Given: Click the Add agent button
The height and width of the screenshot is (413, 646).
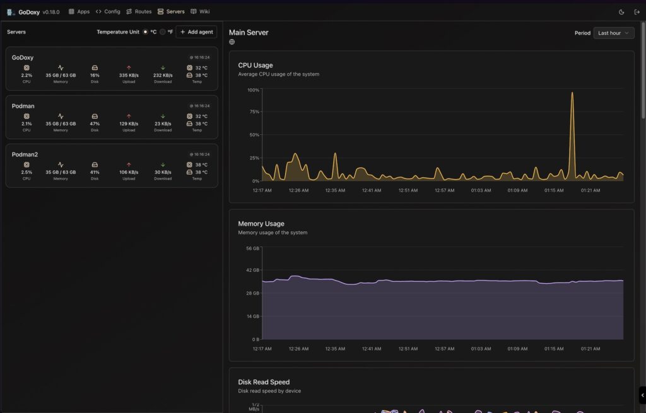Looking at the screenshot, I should [x=196, y=32].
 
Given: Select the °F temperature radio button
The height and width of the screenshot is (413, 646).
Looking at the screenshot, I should [x=163, y=32].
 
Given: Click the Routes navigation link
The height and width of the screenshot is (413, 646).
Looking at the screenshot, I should [x=139, y=11].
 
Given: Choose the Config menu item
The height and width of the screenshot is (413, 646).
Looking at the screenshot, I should [x=108, y=11].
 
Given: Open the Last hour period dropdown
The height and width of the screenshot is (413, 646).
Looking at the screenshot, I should [x=613, y=33].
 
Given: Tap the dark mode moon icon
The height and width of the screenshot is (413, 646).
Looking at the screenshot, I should [x=621, y=11].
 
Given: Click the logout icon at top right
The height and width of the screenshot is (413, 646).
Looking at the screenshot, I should [x=637, y=11].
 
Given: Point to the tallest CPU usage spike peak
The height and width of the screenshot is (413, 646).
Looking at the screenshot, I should [x=572, y=93].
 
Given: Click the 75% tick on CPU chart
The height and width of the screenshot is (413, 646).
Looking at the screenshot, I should [x=254, y=112].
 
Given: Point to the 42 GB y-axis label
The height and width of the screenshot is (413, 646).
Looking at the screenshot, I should [x=252, y=270].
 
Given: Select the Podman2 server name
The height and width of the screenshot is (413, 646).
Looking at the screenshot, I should [x=25, y=154].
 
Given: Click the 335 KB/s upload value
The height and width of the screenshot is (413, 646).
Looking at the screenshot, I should [x=129, y=75].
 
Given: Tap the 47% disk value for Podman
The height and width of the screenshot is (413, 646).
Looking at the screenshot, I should [x=95, y=124].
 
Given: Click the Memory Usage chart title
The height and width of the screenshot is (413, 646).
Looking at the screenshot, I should [x=261, y=223].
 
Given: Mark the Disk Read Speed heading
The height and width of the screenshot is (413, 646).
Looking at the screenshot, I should [x=264, y=381].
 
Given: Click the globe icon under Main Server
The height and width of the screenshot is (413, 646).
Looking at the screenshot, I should [x=232, y=42].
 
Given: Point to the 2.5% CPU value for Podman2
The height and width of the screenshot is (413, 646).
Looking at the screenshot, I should [x=26, y=172].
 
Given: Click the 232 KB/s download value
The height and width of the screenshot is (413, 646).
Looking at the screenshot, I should [x=163, y=75].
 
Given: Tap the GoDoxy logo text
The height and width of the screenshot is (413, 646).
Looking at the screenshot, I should [x=29, y=12].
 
